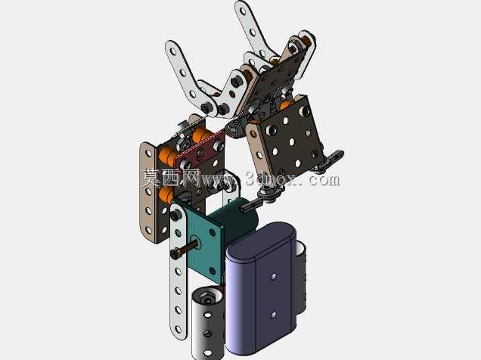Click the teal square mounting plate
pos(204,238)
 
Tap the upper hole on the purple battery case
pos(273,277)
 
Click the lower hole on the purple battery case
pos(273,315)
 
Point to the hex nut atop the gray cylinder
pos(206,297)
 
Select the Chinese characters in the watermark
pos(170,178)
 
